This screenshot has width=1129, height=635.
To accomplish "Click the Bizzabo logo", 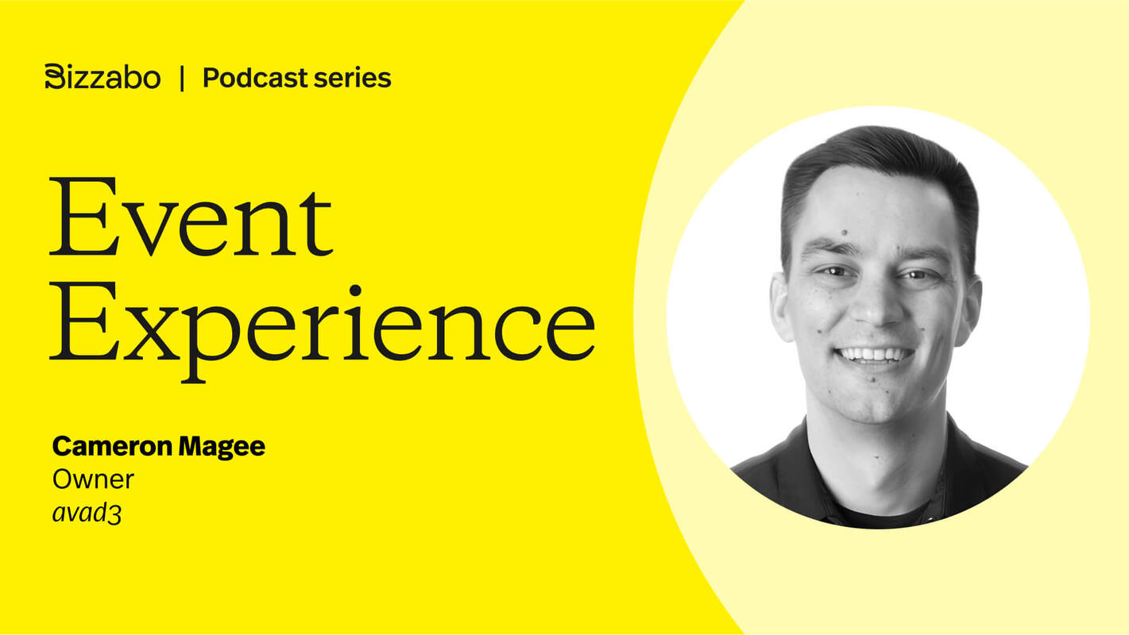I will pyautogui.click(x=102, y=78).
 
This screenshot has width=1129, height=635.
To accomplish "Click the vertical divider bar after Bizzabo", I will pyautogui.click(x=182, y=78).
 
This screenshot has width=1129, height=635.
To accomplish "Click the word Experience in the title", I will pyautogui.click(x=322, y=321).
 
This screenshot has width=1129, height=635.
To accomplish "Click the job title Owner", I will pyautogui.click(x=93, y=479).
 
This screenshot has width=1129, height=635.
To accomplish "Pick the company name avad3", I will pyautogui.click(x=87, y=514).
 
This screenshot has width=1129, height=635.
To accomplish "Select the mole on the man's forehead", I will pyautogui.click(x=843, y=233).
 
